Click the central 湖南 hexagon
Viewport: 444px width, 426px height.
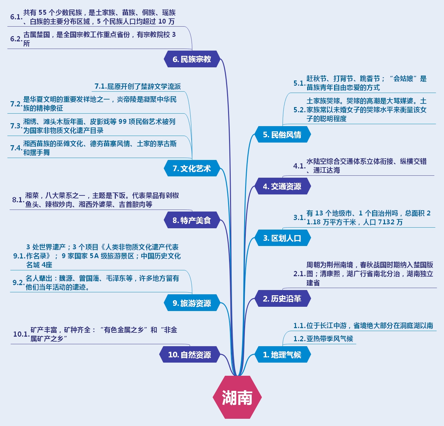(x=237, y=397)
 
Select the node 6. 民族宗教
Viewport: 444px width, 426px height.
(x=192, y=59)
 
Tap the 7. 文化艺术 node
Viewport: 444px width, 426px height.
(x=192, y=168)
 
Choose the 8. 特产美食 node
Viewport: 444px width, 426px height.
(x=192, y=220)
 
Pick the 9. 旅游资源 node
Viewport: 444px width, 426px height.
(x=192, y=303)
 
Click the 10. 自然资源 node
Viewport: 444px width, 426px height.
(x=190, y=354)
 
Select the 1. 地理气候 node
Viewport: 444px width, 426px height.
(x=282, y=354)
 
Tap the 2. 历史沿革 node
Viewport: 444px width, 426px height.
(x=282, y=298)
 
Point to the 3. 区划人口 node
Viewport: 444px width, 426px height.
(x=282, y=238)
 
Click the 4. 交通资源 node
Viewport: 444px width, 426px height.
(x=282, y=186)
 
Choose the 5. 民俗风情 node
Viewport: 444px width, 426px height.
(x=282, y=135)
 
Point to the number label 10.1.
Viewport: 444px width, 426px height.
(x=21, y=334)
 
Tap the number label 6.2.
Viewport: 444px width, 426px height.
(x=16, y=39)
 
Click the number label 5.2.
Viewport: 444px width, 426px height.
(x=299, y=110)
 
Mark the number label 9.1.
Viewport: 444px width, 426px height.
(x=19, y=256)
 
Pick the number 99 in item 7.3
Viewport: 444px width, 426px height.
(x=122, y=122)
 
